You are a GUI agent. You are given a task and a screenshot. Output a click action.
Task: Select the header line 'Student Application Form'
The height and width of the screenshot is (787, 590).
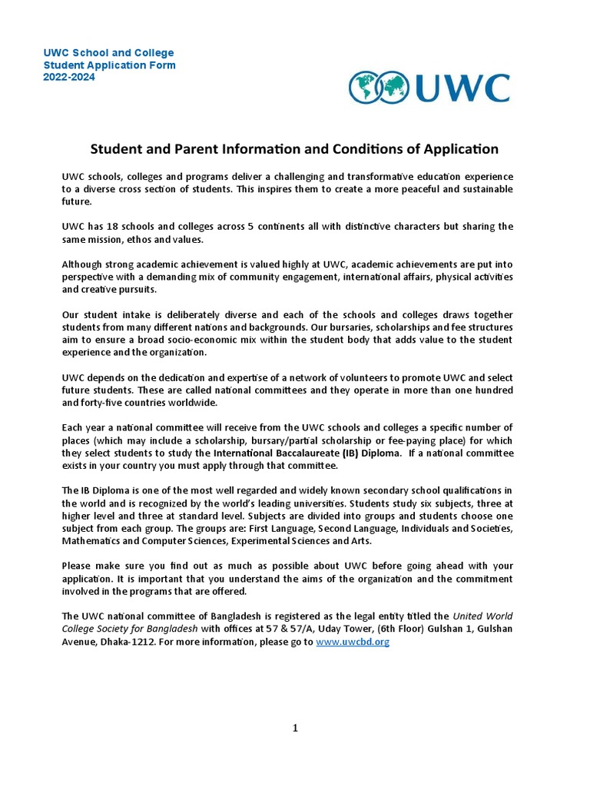(x=109, y=65)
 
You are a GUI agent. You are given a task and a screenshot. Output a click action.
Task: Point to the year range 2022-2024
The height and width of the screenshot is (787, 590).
(x=69, y=78)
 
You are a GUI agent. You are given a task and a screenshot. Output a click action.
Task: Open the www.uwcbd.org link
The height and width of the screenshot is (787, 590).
(x=353, y=642)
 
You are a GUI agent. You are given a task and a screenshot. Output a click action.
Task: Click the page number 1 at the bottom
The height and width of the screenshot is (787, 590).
(x=294, y=729)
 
